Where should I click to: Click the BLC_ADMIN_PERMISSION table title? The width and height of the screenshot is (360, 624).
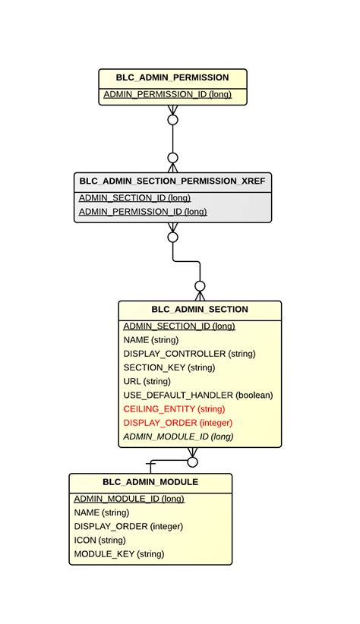pyautogui.click(x=172, y=77)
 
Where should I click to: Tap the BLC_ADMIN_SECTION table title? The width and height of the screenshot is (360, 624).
pyautogui.click(x=200, y=309)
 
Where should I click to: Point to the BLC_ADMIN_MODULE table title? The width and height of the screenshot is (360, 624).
pyautogui.click(x=150, y=482)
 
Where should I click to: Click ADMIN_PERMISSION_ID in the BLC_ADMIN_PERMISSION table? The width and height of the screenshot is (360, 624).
pyautogui.click(x=167, y=95)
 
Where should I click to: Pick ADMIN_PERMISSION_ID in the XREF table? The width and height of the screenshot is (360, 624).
pyautogui.click(x=143, y=212)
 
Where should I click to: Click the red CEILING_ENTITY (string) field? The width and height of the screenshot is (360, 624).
pyautogui.click(x=174, y=409)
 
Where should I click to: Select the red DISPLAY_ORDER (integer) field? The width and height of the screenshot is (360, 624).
pyautogui.click(x=178, y=423)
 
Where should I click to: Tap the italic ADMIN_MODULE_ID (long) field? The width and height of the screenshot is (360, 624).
pyautogui.click(x=178, y=436)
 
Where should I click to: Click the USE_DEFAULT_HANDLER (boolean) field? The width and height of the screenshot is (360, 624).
pyautogui.click(x=197, y=396)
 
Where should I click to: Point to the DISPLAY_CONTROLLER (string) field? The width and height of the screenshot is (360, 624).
pyautogui.click(x=189, y=354)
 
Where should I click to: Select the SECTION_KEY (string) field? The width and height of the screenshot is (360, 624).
pyautogui.click(x=169, y=367)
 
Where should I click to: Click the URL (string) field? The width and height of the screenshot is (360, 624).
pyautogui.click(x=147, y=381)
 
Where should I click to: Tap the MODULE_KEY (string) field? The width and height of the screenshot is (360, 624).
pyautogui.click(x=119, y=554)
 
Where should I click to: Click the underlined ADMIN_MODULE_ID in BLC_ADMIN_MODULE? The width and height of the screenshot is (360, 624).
pyautogui.click(x=129, y=499)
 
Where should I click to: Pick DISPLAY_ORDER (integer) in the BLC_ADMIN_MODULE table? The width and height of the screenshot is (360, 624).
pyautogui.click(x=128, y=526)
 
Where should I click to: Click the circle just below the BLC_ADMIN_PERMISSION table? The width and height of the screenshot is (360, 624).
pyautogui.click(x=172, y=120)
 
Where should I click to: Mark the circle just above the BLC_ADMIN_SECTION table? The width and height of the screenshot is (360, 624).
pyautogui.click(x=200, y=286)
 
